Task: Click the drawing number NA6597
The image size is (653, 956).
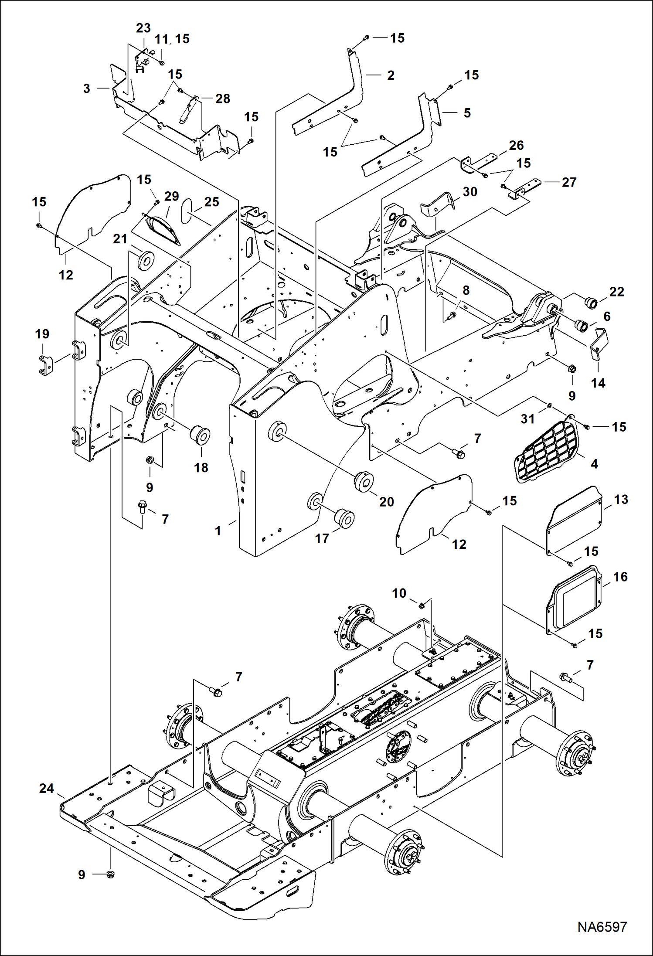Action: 602,927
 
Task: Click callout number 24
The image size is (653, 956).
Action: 47,788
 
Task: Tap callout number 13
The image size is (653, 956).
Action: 621,500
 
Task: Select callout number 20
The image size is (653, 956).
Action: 386,502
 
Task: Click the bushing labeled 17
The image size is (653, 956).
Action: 344,517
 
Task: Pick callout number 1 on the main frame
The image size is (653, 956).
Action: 218,531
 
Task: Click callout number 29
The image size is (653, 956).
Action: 171,196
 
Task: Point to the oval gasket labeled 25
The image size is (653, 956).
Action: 186,211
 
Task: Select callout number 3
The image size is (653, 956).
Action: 87,88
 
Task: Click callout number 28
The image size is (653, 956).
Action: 222,99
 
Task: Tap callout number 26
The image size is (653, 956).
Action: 516,145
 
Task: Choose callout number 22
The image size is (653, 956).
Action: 616,292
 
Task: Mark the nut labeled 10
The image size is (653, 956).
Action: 422,606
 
